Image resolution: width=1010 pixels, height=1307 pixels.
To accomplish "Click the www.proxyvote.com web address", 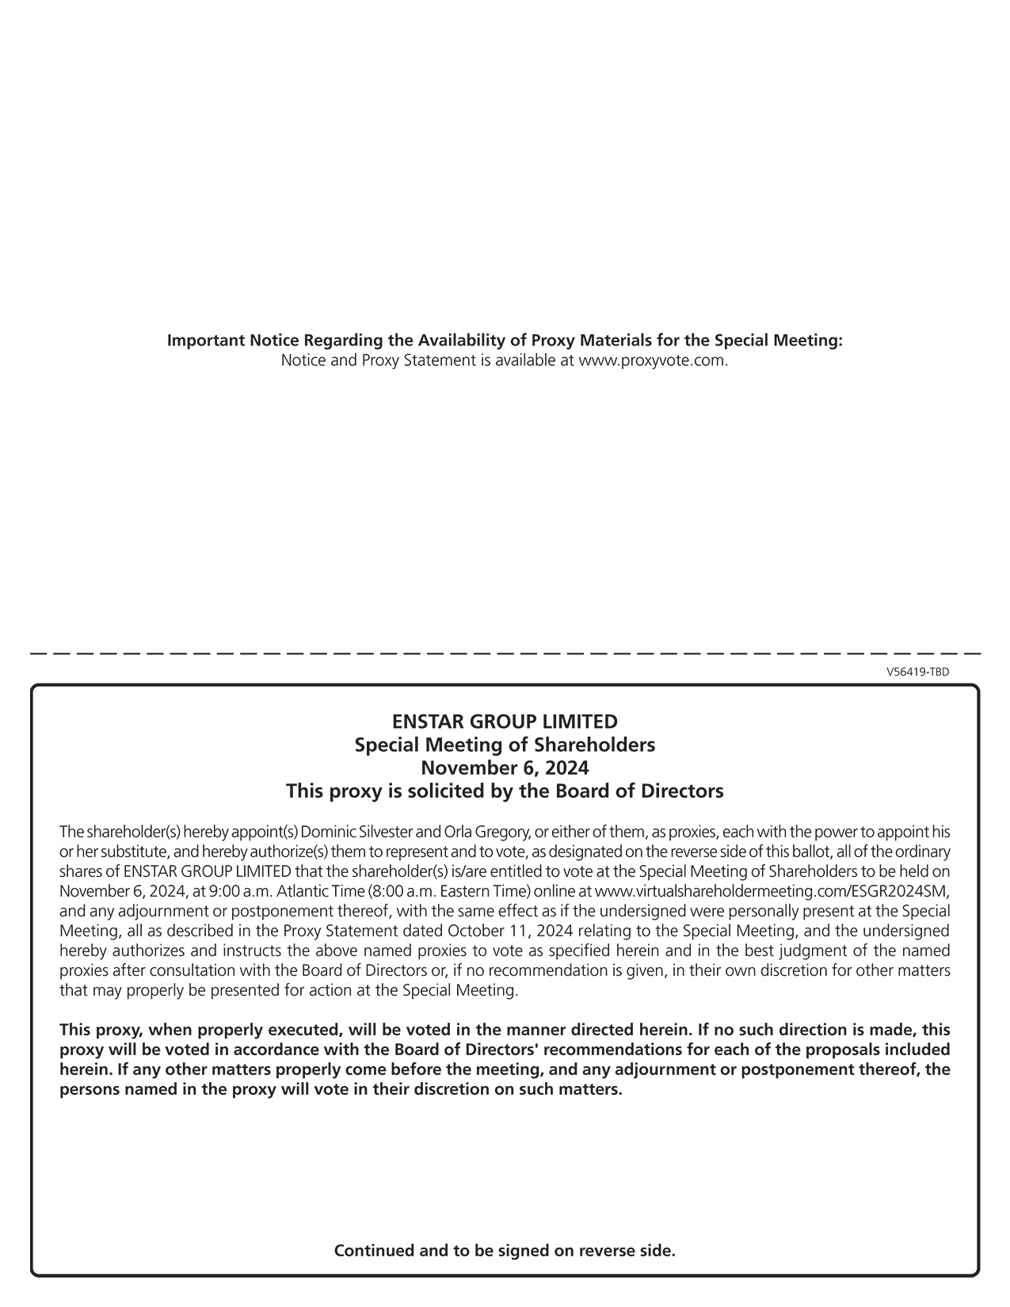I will coord(652,360).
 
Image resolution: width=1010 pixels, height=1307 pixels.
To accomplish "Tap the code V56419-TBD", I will coord(917,672).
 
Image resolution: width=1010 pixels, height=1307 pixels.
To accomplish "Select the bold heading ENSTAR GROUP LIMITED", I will coord(505,722).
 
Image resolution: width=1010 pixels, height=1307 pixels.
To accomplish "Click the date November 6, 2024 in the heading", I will coord(505,768).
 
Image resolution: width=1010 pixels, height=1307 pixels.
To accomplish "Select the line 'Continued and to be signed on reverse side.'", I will coord(505,1251).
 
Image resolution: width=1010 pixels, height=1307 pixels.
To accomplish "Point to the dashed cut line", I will coord(505,653).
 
